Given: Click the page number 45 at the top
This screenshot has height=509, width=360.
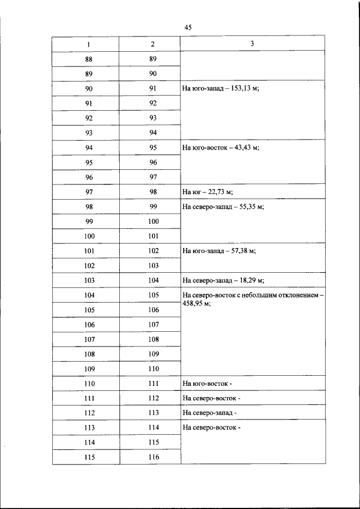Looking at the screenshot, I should tap(188, 28).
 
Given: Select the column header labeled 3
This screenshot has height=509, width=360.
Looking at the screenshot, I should tap(252, 43).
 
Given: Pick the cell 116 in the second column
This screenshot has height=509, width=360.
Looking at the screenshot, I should tap(153, 457).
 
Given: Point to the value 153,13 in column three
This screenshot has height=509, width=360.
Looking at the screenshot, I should tap(242, 89).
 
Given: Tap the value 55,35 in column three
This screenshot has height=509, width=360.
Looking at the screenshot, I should tap(249, 206).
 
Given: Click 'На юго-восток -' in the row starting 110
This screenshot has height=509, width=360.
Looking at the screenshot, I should tap(207, 384).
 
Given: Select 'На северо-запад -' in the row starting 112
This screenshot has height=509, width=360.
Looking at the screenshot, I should tap(209, 413).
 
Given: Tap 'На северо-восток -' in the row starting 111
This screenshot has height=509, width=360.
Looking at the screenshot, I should tap(211, 398).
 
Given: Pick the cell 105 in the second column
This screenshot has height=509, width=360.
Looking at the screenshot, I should tap(153, 295).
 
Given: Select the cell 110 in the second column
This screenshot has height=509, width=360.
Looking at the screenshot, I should tap(153, 369).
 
